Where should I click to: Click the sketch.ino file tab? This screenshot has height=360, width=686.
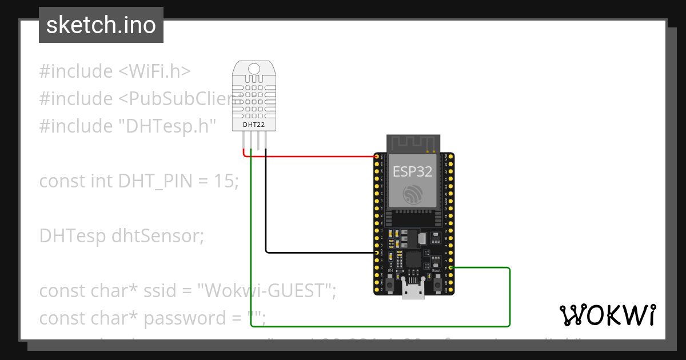pyautogui.click(x=101, y=25)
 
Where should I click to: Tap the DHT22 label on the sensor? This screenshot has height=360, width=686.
pyautogui.click(x=254, y=125)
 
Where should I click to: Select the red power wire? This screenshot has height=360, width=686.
pyautogui.click(x=314, y=156)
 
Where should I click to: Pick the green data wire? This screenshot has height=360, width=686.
pyautogui.click(x=377, y=326)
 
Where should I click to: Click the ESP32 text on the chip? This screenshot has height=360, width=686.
pyautogui.click(x=412, y=171)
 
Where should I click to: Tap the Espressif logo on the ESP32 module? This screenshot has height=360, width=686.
pyautogui.click(x=412, y=194)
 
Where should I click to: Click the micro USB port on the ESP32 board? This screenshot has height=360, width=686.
pyautogui.click(x=413, y=292)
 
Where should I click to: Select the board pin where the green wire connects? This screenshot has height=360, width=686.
pyautogui.click(x=451, y=267)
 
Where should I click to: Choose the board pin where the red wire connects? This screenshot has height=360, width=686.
pyautogui.click(x=377, y=156)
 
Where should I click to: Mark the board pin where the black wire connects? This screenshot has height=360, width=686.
pyautogui.click(x=377, y=252)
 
